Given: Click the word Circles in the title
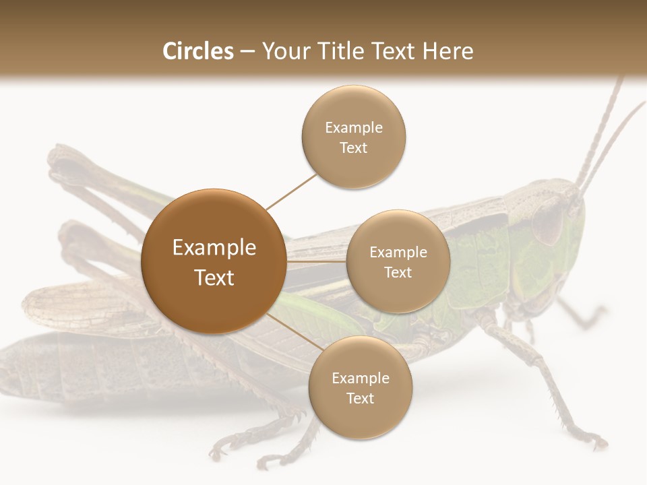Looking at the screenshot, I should click(x=198, y=51).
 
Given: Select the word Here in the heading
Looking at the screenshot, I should click(x=448, y=51).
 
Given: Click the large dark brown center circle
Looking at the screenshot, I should click(x=213, y=261).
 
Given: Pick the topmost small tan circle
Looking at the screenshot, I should click(x=353, y=137).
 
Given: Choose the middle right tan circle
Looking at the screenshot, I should click(x=398, y=261).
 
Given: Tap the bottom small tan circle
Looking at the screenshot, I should click(x=360, y=387).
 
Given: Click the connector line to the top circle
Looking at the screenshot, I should click(x=291, y=191).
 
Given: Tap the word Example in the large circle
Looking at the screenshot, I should click(x=214, y=248).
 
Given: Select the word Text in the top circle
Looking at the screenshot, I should click(x=353, y=148).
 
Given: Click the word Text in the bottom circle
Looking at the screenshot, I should click(x=360, y=399).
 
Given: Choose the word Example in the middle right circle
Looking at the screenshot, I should click(x=398, y=253).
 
